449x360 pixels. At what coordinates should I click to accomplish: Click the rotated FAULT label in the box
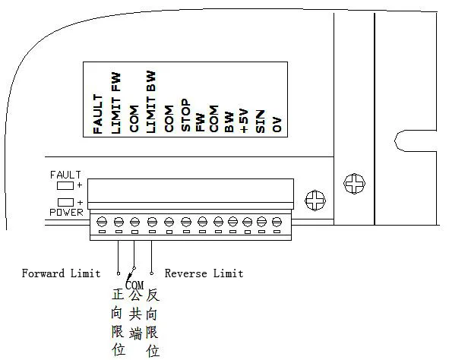click(98, 114)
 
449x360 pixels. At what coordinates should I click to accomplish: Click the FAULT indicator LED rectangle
click(65, 185)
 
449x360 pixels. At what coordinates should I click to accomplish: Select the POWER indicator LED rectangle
click(65, 202)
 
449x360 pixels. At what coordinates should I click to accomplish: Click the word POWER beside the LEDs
click(66, 213)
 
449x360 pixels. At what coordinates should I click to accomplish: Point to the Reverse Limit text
click(204, 273)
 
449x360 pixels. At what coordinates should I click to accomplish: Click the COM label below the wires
click(134, 285)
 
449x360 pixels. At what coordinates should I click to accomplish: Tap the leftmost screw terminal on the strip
click(103, 222)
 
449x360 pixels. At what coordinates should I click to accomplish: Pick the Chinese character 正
click(116, 295)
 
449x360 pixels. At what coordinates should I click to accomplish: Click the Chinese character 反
click(152, 295)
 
